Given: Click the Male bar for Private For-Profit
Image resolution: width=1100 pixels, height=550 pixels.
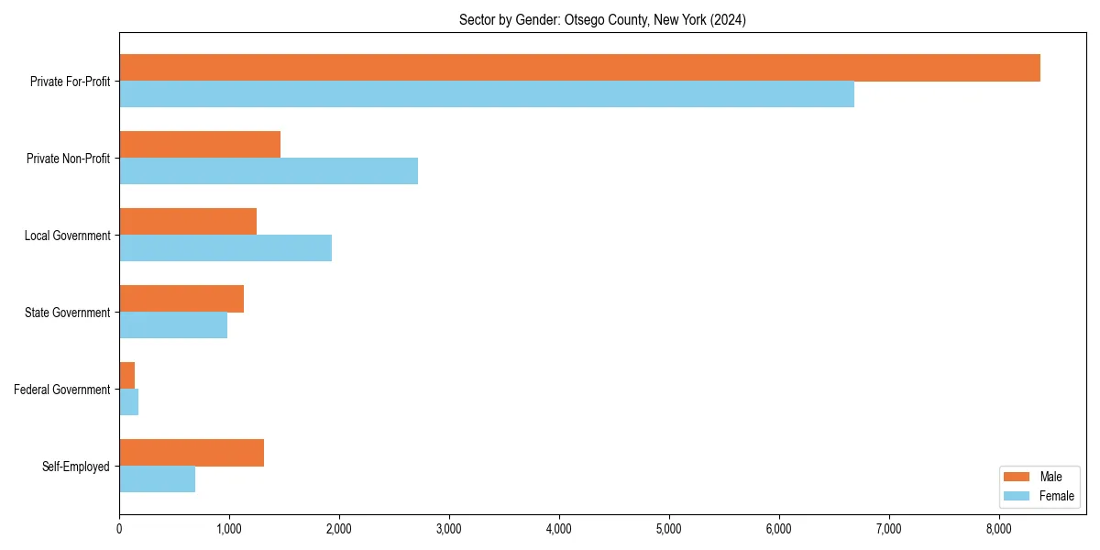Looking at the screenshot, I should [x=579, y=68].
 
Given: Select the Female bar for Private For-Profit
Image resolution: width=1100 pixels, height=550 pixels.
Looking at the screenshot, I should [x=487, y=94].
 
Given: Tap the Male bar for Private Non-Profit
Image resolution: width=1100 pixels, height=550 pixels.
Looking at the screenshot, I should [x=200, y=145].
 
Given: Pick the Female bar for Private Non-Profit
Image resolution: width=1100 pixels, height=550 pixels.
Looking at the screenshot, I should [x=269, y=171].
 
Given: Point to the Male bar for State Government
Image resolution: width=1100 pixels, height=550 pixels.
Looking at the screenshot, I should [x=181, y=299].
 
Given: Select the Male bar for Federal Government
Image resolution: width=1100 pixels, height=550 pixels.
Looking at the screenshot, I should [x=127, y=376].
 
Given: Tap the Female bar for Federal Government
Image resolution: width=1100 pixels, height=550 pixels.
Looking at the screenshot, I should [x=129, y=402].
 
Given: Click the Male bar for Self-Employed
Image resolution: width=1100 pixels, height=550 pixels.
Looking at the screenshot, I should [x=192, y=453].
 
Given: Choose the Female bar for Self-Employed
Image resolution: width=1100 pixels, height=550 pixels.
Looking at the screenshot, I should [x=157, y=479].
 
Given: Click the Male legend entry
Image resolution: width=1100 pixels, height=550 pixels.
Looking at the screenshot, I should [x=1039, y=477].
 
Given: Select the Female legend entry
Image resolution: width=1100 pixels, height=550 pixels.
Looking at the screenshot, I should [x=1039, y=496].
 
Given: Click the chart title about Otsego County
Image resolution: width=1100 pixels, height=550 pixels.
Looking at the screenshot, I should [x=602, y=20].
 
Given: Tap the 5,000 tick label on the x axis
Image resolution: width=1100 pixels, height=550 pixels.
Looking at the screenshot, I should [x=669, y=529].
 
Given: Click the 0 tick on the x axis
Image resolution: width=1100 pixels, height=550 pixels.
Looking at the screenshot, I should [x=119, y=529].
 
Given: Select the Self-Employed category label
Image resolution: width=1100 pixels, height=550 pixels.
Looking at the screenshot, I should [x=76, y=467].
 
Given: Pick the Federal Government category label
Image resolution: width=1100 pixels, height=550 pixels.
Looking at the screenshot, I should [x=62, y=390].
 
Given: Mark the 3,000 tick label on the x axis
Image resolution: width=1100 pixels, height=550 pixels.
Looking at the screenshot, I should [x=449, y=529].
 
